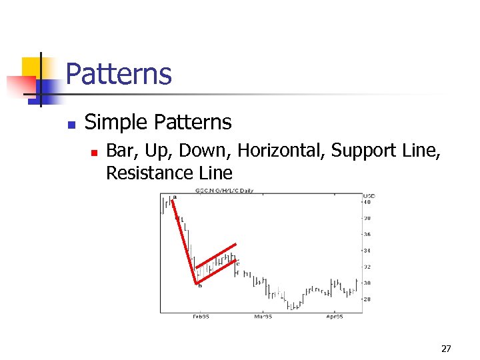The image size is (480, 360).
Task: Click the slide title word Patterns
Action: click(x=119, y=74)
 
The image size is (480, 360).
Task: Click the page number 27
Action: click(x=446, y=349)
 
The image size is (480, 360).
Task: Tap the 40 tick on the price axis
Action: click(x=367, y=202)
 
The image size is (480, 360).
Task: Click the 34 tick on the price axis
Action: click(x=367, y=251)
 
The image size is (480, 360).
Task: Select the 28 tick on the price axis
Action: click(x=367, y=299)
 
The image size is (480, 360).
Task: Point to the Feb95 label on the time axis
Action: click(x=201, y=317)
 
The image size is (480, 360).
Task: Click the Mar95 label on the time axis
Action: click(x=263, y=317)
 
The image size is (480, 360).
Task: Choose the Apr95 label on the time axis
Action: click(x=334, y=317)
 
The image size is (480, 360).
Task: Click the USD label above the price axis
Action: click(x=369, y=196)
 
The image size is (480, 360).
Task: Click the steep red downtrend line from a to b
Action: click(x=184, y=241)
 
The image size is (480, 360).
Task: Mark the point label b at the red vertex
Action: click(x=199, y=286)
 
